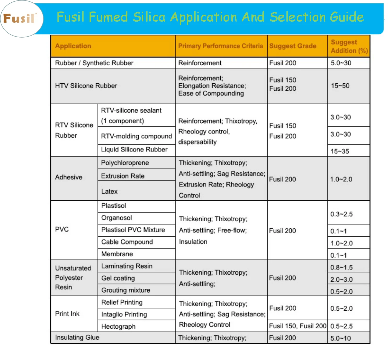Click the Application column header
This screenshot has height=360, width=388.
73,46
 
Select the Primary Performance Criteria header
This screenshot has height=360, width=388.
221,46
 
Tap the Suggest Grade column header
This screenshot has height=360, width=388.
293,46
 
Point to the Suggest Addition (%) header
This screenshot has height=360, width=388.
349,46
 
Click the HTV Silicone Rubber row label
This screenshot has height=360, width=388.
86,86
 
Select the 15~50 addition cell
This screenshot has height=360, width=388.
340,86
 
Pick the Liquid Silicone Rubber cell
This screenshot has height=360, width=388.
134,149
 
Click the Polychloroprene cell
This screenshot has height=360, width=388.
125,163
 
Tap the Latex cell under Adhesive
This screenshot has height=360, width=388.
109,191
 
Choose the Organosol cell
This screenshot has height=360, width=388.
116,218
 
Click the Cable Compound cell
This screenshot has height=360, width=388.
127,242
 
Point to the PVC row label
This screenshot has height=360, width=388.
62,229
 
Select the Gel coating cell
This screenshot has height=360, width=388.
118,278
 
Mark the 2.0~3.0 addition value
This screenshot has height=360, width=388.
342,279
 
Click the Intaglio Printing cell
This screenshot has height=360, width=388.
124,314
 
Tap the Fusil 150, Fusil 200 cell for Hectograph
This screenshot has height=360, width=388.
298,326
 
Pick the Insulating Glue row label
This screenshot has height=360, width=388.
77,338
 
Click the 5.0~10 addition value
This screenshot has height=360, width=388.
340,338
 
